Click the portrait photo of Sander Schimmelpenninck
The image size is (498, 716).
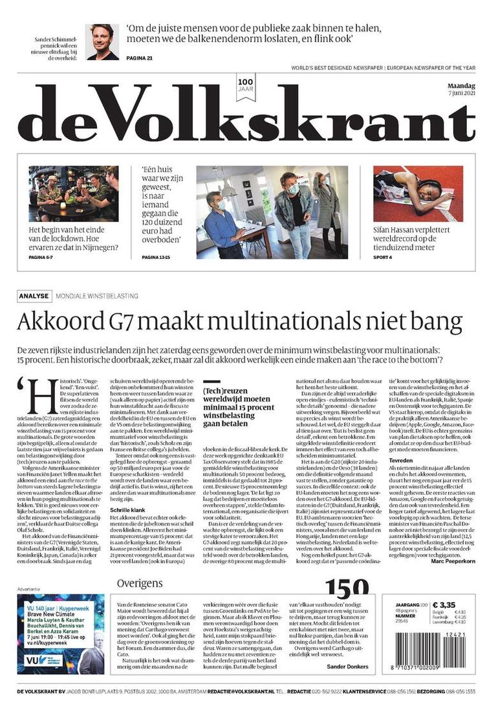(102, 41)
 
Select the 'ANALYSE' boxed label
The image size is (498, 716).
(34, 296)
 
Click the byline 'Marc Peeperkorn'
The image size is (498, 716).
(453, 561)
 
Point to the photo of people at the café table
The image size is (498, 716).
(73, 194)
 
